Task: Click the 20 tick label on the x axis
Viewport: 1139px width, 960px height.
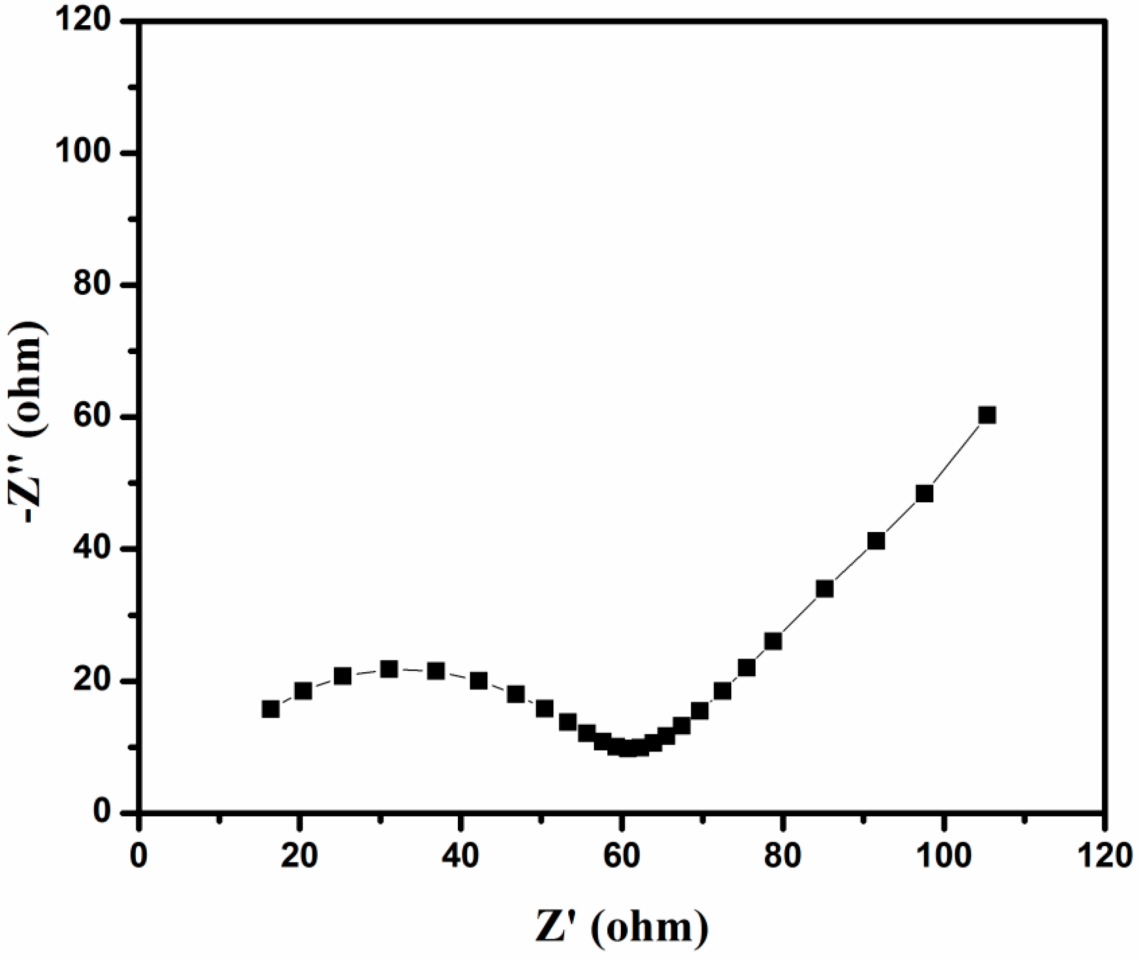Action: pyautogui.click(x=300, y=856)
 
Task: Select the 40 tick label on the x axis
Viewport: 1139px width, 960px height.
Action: pyautogui.click(x=461, y=856)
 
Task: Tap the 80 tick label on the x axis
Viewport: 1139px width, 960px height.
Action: pyautogui.click(x=783, y=856)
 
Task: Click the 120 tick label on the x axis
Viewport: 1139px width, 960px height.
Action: pyautogui.click(x=1104, y=856)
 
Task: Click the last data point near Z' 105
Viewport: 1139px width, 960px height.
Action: pyautogui.click(x=986, y=415)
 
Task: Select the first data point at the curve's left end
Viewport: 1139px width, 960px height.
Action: pyautogui.click(x=271, y=709)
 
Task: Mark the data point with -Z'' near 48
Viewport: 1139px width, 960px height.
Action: pyautogui.click(x=924, y=493)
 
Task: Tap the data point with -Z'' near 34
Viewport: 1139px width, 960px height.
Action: pyautogui.click(x=824, y=589)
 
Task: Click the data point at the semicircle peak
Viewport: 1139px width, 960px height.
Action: pyautogui.click(x=388, y=669)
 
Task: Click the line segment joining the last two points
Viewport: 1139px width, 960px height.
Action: pyautogui.click(x=956, y=454)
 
